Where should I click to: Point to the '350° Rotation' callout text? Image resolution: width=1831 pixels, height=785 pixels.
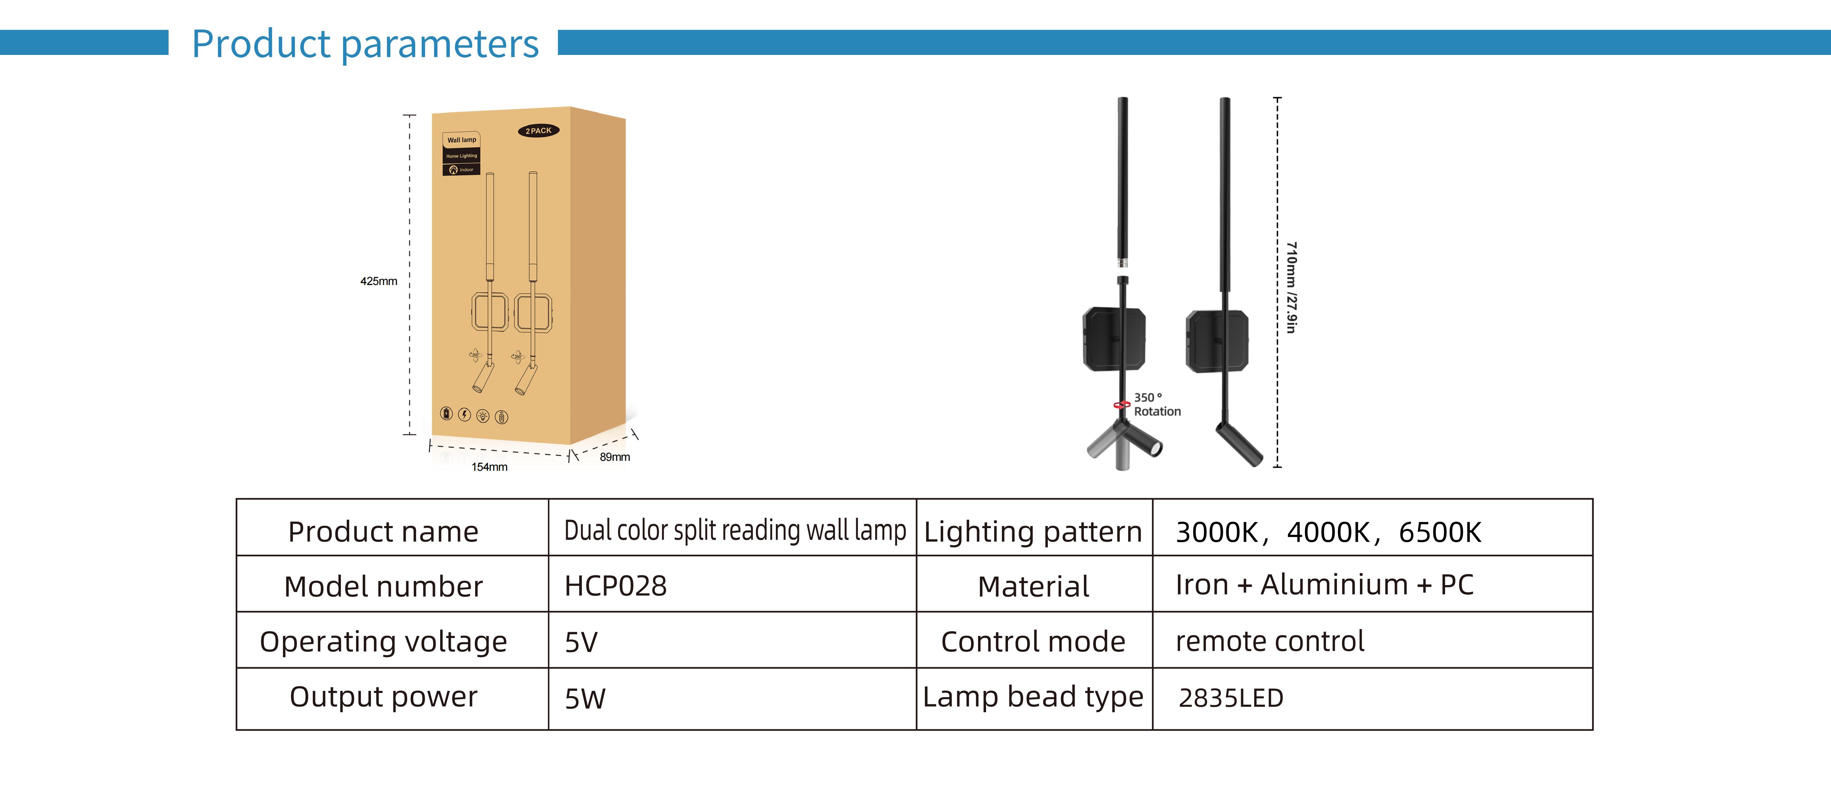point(1156,405)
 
